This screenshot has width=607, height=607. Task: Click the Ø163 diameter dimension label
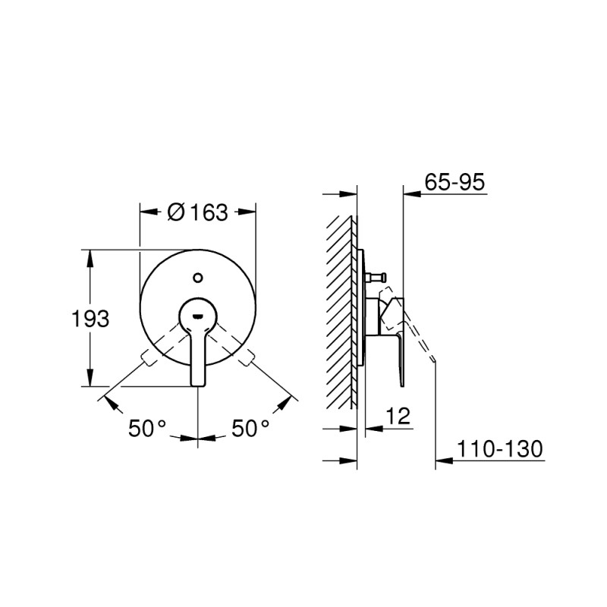pos(197,213)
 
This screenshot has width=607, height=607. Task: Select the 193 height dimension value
pos(91,319)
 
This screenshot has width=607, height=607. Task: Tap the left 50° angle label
pos(146,429)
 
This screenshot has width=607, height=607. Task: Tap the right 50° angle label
pos(250,429)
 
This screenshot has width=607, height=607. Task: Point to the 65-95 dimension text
pos(455,182)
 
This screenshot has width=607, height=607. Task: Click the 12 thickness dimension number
pos(398,415)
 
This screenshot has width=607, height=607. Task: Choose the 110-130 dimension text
pos(500,449)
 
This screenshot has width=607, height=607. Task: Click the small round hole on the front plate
pos(198,278)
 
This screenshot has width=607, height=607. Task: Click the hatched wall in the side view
pos(341,311)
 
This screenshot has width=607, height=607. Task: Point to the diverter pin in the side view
pos(378,276)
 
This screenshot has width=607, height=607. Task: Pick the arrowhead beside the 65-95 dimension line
pos(410,194)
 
